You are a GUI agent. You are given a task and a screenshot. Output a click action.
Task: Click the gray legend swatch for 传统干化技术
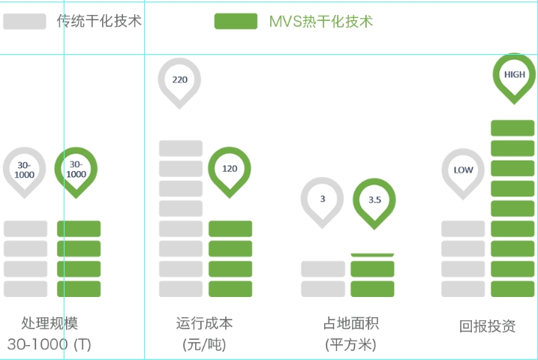coord(25,22)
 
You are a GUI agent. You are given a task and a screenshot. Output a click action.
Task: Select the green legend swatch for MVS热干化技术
coord(236,22)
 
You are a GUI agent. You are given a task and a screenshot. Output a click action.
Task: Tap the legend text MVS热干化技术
coord(320,22)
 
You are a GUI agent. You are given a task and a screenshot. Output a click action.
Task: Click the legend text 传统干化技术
coord(99,22)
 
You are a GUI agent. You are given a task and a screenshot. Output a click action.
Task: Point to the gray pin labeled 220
coord(180,79)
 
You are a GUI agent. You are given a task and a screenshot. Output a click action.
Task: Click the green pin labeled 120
coord(229,169)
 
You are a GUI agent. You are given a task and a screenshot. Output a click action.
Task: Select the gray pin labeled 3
coord(323,199)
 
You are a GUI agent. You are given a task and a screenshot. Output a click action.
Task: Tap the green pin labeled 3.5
coord(374,200)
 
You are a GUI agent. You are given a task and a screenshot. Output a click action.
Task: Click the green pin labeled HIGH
coord(515,75)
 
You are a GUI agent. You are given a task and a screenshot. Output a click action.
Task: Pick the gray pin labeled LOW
coord(463,170)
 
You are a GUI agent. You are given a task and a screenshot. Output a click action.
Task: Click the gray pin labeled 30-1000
coord(25,169)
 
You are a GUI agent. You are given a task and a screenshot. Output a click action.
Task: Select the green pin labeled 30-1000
coord(77,169)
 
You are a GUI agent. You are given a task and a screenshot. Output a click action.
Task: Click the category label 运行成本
coord(204,324)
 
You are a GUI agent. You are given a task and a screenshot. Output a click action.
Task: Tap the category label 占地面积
coord(350,324)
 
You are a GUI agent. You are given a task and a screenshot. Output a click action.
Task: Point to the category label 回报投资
coord(488,326)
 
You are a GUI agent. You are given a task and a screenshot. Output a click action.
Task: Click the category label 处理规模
coord(50,324)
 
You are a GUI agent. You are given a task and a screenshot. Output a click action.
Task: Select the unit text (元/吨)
coord(204,345)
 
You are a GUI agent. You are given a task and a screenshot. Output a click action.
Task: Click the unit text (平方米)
coord(350,345)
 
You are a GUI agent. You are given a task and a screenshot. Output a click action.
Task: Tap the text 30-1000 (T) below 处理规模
coord(50,345)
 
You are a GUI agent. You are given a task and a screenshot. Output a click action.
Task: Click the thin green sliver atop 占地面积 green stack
coord(372,256)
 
